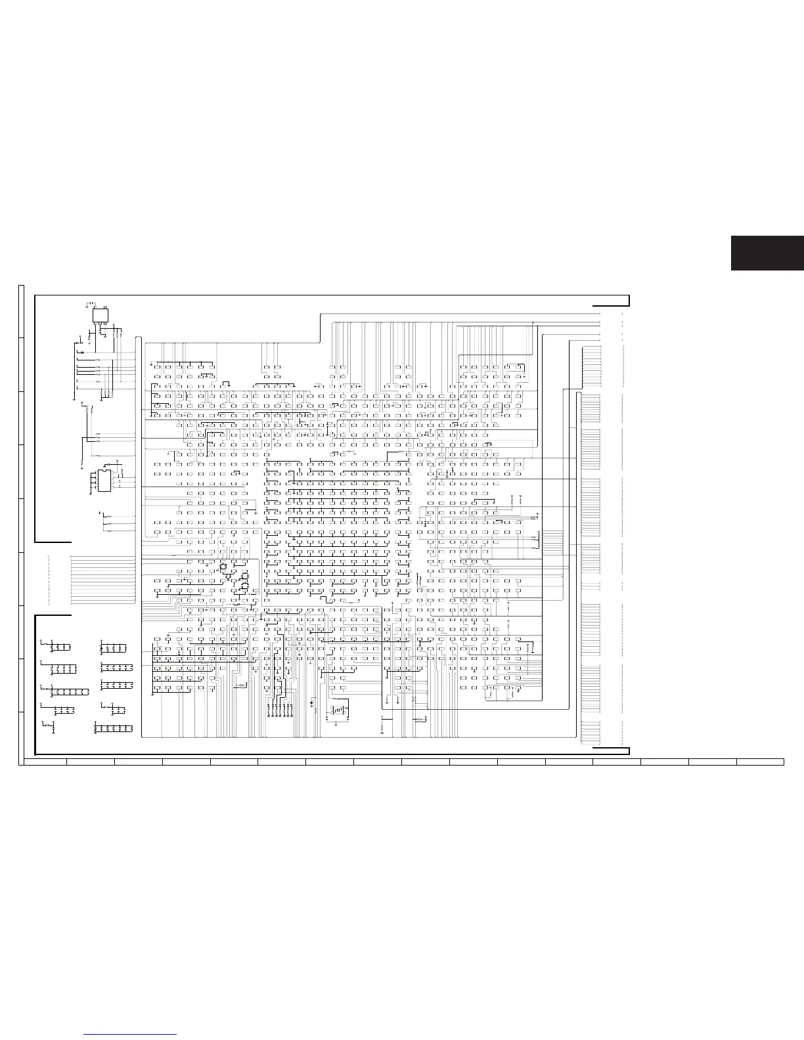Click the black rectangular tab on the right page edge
(x=767, y=252)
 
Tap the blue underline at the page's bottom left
(x=131, y=1035)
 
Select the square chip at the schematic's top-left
(x=100, y=316)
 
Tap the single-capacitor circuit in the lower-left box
(x=48, y=726)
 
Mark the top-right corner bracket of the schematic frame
(x=612, y=301)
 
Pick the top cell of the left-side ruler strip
(x=21, y=311)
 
